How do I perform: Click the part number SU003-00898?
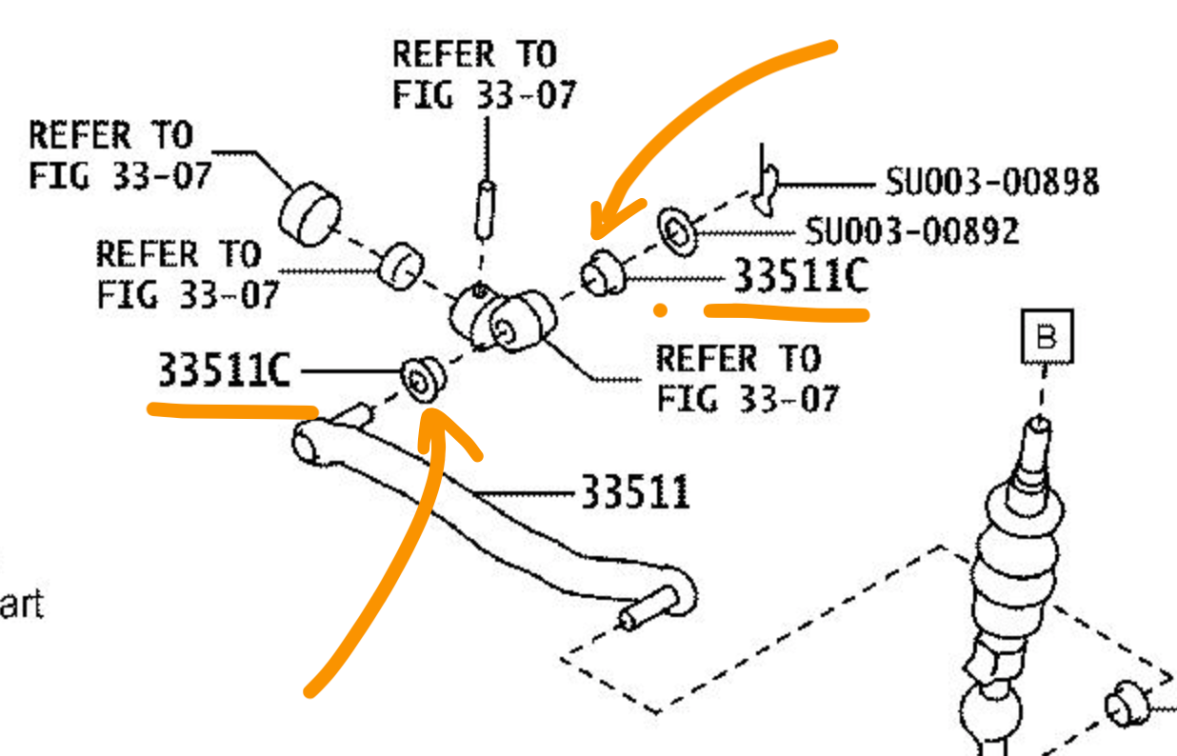tap(991, 181)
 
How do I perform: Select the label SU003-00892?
tap(911, 230)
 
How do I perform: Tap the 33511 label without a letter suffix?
tap(634, 493)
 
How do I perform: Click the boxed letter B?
tap(1047, 337)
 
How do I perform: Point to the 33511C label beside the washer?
tap(800, 277)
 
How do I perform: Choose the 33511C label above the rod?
tap(224, 370)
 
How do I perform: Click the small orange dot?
tap(659, 309)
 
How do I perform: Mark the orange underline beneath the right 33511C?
tap(786, 311)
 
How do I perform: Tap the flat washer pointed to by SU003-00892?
tap(677, 230)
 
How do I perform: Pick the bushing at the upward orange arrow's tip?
tap(423, 379)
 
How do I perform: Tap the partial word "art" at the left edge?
tap(21, 606)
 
